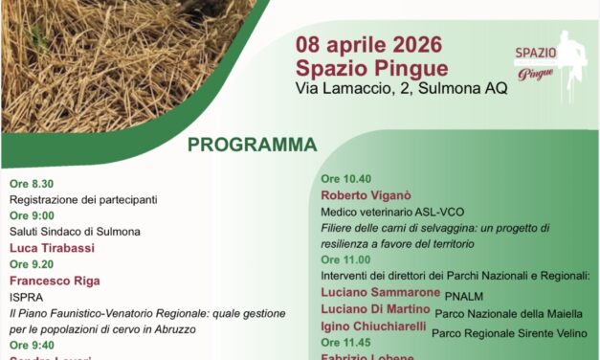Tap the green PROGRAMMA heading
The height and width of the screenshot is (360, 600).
252,146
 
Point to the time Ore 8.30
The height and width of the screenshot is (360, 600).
33,183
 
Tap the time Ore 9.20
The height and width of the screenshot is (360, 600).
33,264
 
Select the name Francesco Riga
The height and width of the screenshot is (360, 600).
55,281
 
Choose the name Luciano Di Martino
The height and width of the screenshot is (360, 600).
375,312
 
